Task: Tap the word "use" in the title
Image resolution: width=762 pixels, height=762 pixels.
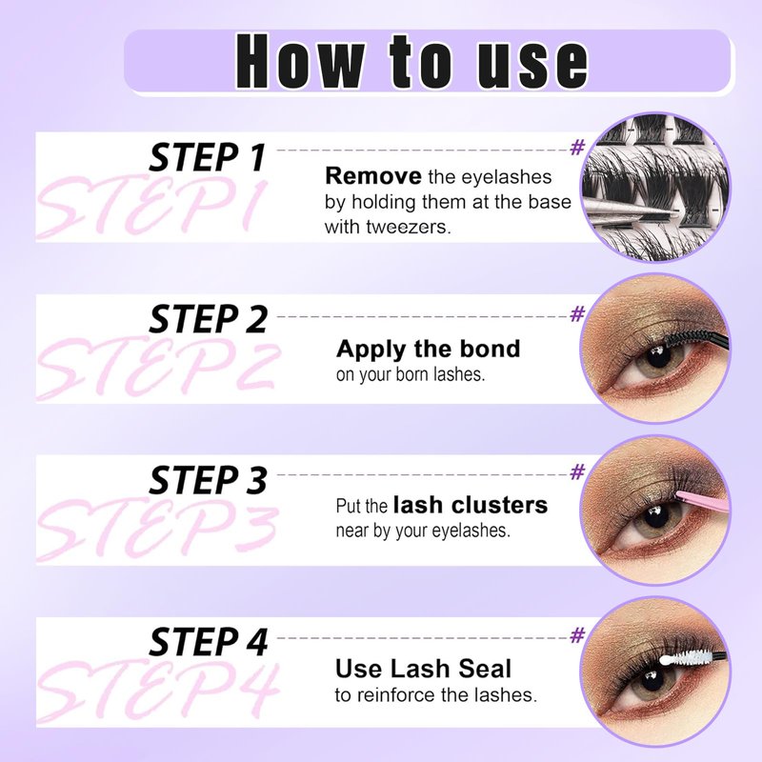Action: [531, 66]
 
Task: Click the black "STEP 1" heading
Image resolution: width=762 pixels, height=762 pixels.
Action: [208, 157]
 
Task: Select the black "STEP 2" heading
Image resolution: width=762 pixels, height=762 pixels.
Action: [208, 319]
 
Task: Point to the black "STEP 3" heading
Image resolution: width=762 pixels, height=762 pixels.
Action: [208, 480]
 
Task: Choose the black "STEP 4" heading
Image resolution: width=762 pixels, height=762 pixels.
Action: [208, 641]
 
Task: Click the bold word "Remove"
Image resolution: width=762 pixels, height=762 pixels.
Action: [373, 176]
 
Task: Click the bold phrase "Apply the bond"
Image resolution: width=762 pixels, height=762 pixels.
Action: [428, 349]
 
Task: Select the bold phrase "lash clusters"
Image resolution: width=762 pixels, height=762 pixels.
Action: [471, 505]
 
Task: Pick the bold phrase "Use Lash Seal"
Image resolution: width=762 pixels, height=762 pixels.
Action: [423, 669]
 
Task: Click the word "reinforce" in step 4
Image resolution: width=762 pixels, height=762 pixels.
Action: [396, 695]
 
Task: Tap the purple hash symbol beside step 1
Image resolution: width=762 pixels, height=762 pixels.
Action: [577, 147]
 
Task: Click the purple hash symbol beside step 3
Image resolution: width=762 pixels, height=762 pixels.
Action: [577, 471]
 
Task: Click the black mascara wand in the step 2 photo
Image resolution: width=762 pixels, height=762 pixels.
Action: [696, 340]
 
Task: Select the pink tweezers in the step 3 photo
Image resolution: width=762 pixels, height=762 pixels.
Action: [702, 501]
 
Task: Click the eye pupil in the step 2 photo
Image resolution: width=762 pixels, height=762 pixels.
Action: [658, 359]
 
